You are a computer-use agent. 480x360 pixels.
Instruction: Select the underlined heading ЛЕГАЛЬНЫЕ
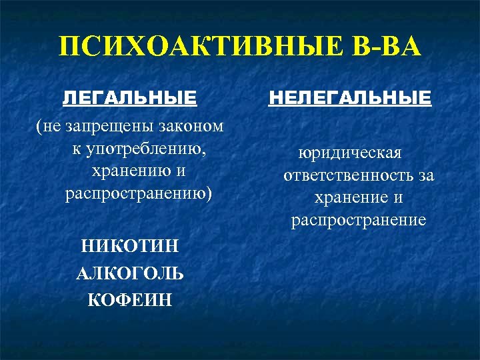(129, 99)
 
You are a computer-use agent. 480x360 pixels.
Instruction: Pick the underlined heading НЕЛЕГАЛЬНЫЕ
(349, 99)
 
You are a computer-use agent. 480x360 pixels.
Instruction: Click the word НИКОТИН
(130, 247)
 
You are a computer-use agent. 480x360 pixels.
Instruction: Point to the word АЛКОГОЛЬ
(130, 273)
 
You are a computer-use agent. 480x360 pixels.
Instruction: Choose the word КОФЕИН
(130, 300)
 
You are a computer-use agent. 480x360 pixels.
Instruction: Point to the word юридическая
(350, 153)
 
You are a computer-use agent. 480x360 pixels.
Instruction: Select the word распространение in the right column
(358, 220)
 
